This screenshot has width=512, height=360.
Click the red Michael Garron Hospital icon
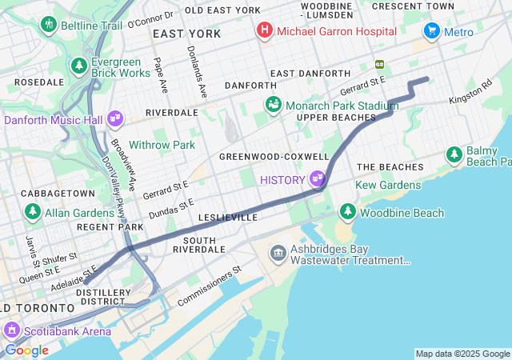(264, 31)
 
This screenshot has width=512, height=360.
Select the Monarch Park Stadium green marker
(274, 105)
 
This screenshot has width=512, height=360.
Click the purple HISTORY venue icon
(318, 178)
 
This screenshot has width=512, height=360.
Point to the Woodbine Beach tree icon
(347, 212)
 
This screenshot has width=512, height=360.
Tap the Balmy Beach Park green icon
(454, 153)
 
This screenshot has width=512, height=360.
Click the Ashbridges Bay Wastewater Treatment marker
(278, 254)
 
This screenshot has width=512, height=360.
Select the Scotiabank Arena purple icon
(12, 330)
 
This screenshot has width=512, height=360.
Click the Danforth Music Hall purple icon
(115, 118)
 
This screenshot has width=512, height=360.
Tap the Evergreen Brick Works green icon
(79, 65)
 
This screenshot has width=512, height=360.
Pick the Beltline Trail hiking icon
(48, 25)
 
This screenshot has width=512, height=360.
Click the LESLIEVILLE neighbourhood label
(227, 217)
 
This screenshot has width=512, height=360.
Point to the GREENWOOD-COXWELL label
(274, 156)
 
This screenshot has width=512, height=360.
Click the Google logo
(26, 350)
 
